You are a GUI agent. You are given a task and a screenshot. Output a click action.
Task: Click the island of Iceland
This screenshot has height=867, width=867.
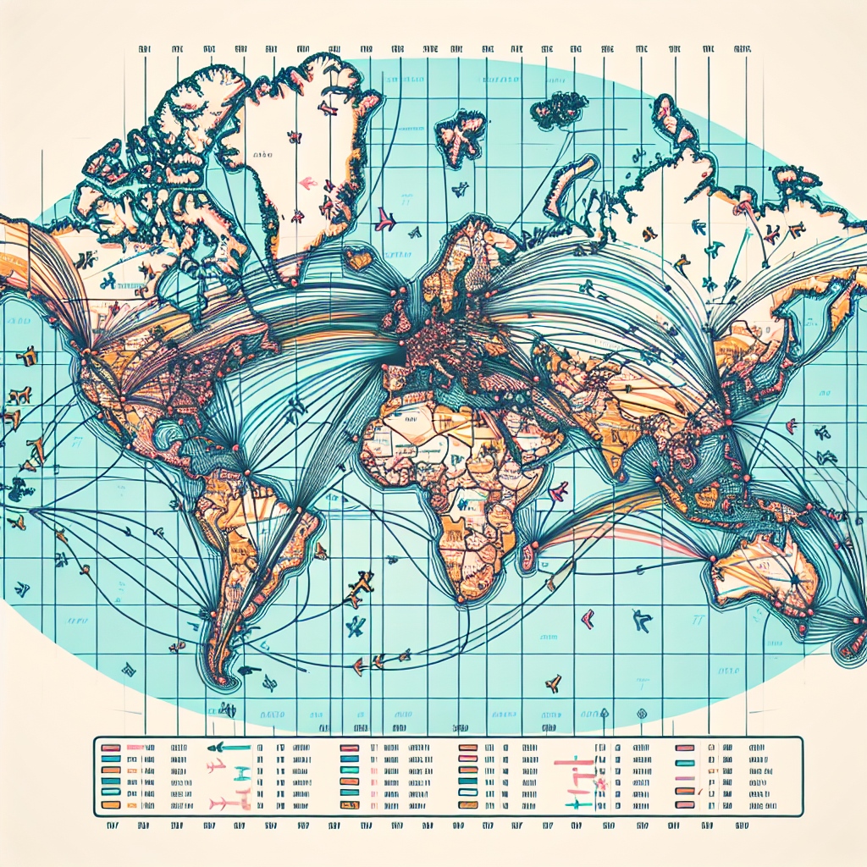(x=359, y=257)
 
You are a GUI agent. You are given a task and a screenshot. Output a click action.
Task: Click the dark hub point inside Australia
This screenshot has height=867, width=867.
(x=793, y=579)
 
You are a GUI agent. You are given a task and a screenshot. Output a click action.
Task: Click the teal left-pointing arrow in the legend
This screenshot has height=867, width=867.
(x=229, y=747)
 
